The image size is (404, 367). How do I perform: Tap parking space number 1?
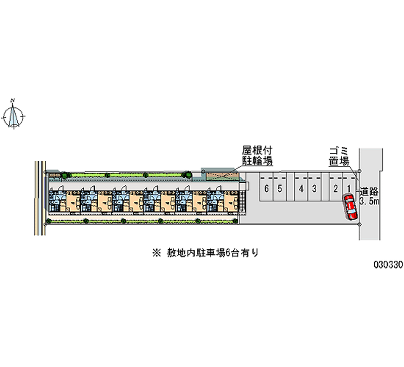(x=348, y=189)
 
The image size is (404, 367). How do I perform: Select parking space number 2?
(x=335, y=189)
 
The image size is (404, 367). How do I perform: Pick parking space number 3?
(x=314, y=189)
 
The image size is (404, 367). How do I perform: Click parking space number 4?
(x=300, y=189)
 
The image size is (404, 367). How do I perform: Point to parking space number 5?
(x=279, y=189)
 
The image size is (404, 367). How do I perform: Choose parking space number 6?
(x=266, y=189)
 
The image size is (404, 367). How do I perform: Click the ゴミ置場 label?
(x=338, y=156)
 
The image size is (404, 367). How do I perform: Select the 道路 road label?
(x=369, y=192)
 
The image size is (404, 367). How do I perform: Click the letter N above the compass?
(x=15, y=100)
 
